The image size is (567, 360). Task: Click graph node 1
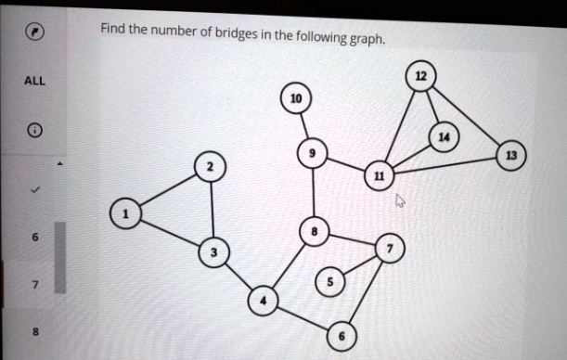pos(125,215)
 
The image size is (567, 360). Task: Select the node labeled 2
pos(210,166)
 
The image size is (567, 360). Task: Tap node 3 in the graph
pos(214,252)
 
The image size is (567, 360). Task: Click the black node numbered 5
pos(329,280)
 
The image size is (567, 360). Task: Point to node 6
pos(341,337)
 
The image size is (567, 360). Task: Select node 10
pos(295,99)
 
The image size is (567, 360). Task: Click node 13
pos(509,154)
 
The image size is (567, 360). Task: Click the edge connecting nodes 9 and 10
pos(303,125)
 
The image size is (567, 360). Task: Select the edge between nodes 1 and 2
pos(167,191)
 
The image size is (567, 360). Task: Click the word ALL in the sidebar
pos(33,81)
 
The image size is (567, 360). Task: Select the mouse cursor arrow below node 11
pos(401,200)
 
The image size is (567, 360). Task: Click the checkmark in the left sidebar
pos(34,188)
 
